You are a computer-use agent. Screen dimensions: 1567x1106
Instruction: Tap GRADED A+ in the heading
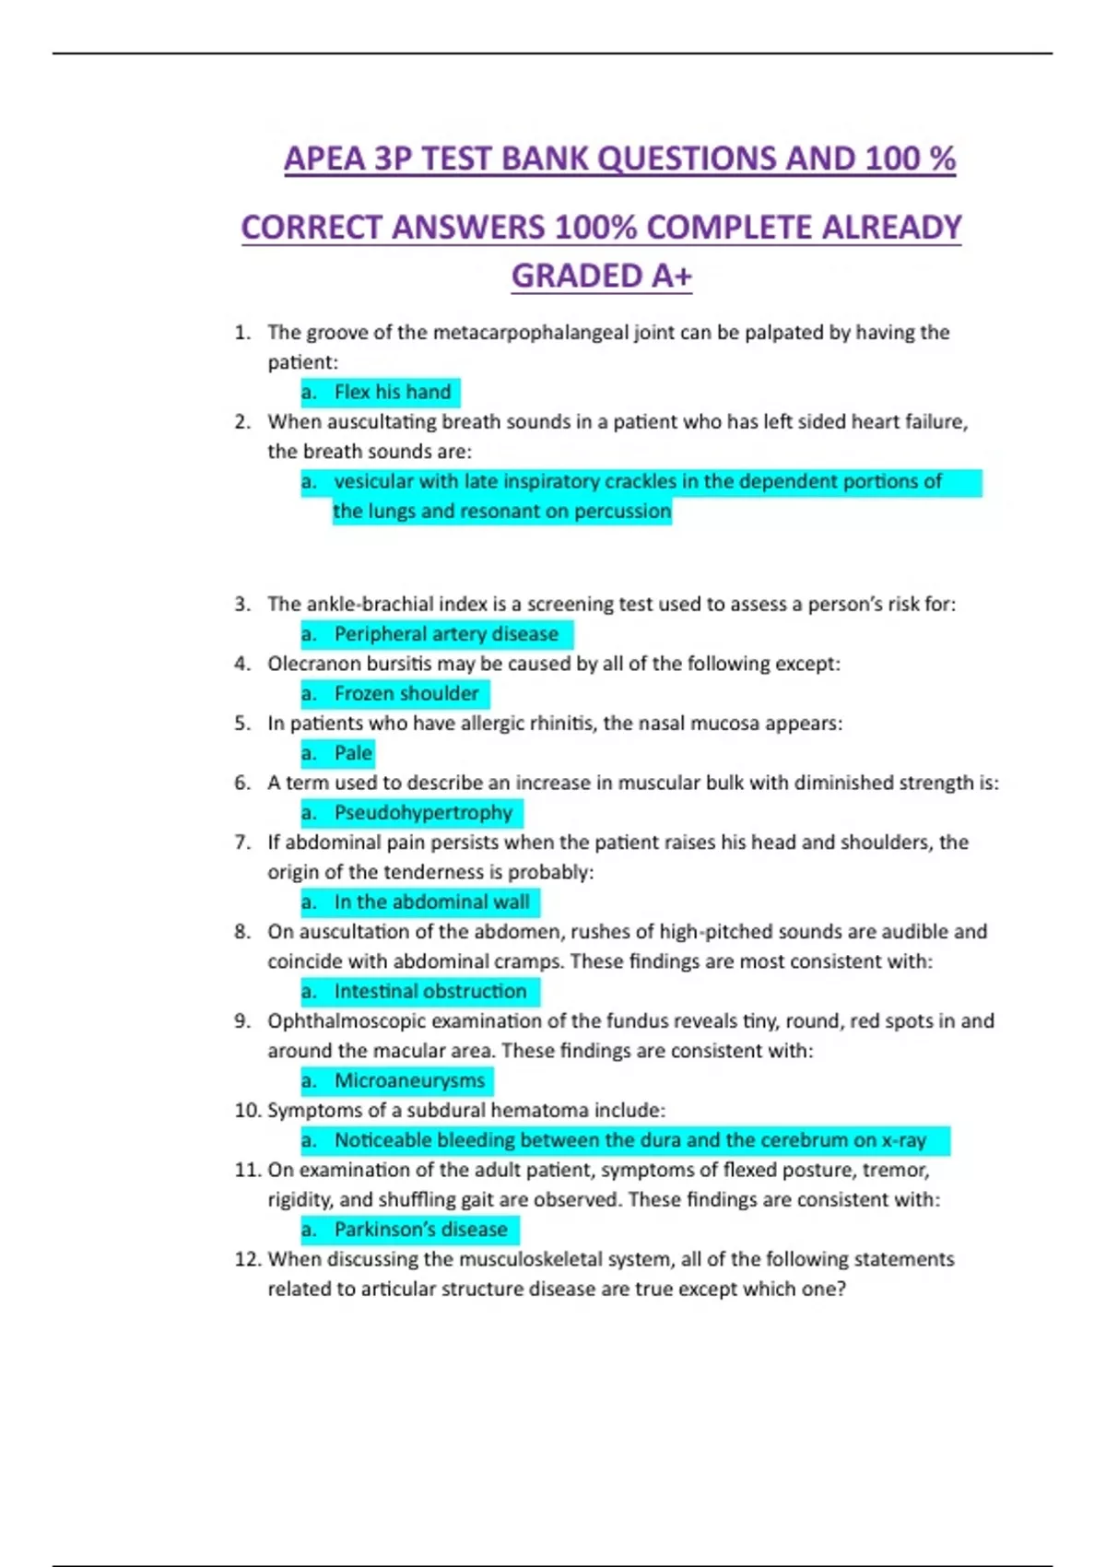(601, 276)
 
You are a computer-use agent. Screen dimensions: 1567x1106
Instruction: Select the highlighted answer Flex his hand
(392, 392)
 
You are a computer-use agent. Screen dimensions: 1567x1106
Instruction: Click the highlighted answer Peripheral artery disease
(446, 634)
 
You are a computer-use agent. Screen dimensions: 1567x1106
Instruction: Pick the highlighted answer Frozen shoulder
(406, 693)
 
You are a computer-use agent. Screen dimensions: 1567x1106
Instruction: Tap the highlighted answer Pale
(353, 753)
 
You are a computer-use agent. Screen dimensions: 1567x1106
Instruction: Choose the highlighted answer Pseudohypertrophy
(423, 813)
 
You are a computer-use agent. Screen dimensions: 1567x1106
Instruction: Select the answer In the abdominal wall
(431, 901)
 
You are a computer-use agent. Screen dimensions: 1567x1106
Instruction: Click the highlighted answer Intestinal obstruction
(430, 991)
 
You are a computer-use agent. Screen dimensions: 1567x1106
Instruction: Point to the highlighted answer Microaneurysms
(409, 1080)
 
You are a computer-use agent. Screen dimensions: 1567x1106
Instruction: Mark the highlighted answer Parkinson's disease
(420, 1230)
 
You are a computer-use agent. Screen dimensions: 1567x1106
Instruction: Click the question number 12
(247, 1259)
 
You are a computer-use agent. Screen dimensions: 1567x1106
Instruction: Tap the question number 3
(242, 605)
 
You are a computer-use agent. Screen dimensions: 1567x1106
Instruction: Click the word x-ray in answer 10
(903, 1140)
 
